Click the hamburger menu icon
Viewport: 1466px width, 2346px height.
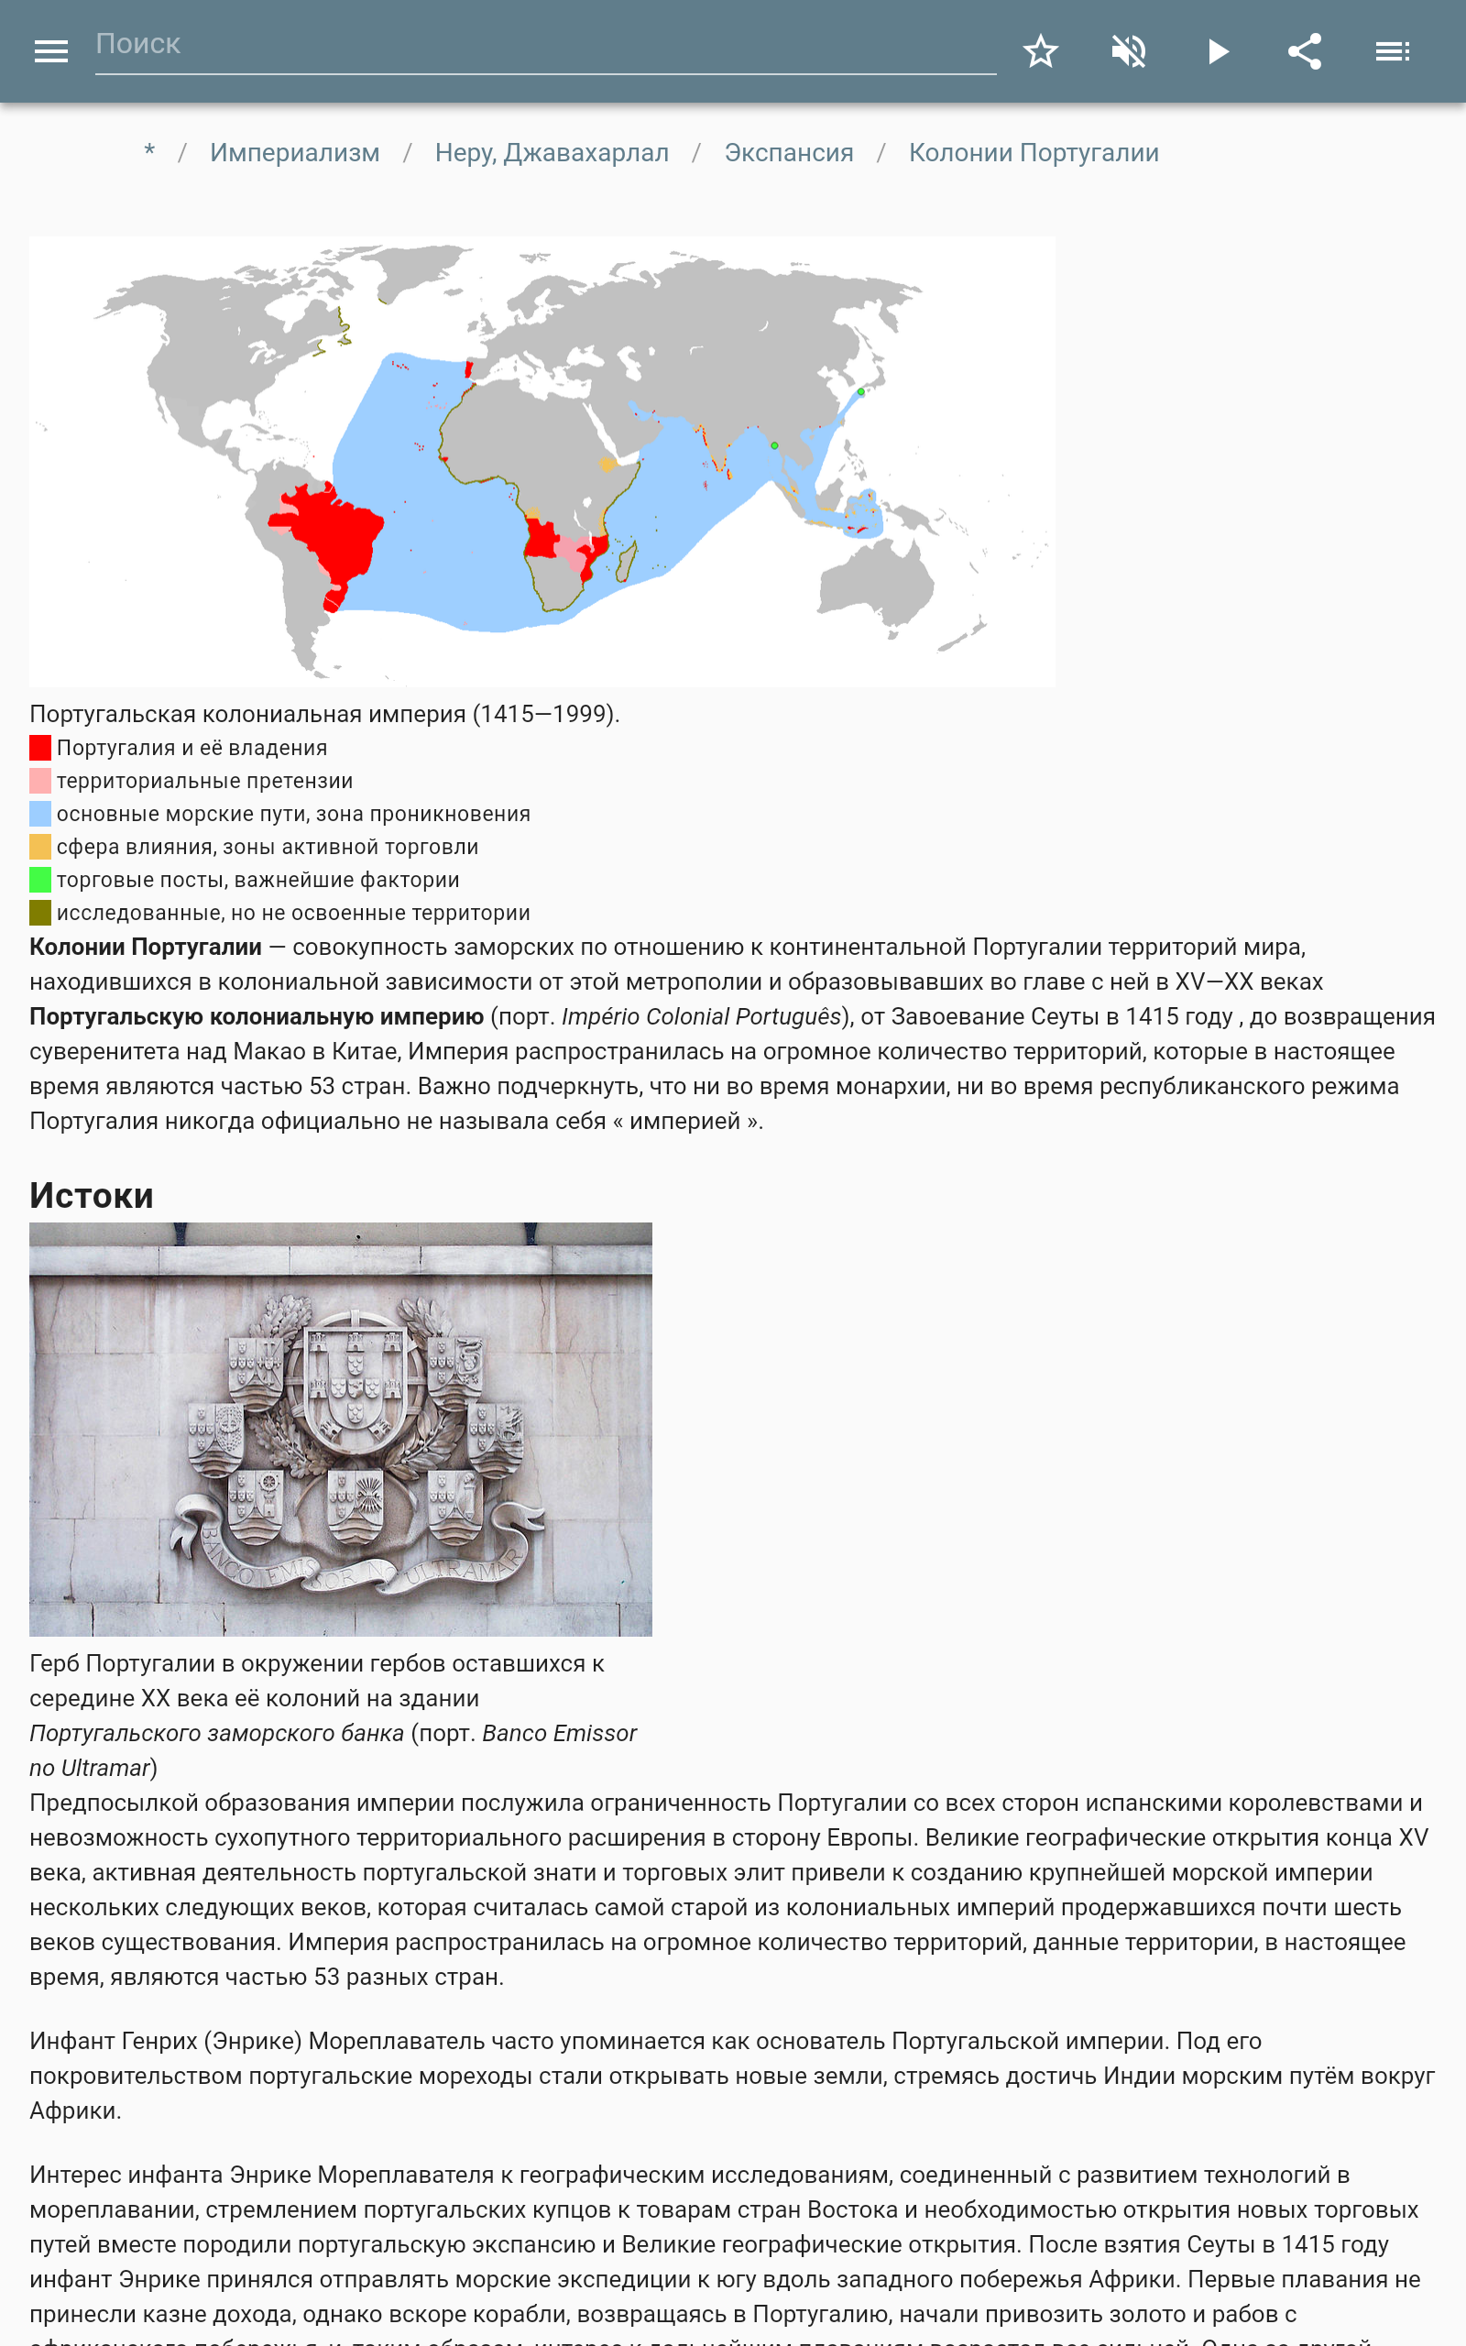(50, 51)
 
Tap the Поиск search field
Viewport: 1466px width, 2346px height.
(543, 45)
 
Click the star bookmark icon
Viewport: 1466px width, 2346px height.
(1040, 51)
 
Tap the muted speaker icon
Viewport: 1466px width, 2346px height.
(1129, 51)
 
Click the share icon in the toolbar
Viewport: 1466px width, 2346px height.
(1304, 51)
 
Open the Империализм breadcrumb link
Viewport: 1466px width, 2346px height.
(295, 153)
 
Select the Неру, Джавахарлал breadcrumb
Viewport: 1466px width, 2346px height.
(552, 153)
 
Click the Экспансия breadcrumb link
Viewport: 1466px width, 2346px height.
(788, 153)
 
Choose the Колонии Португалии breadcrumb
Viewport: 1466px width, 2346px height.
(1034, 153)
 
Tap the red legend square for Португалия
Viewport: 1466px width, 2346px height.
(39, 748)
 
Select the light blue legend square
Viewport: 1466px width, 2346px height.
(39, 814)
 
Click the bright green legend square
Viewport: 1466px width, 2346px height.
(39, 879)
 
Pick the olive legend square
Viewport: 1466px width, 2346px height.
(39, 912)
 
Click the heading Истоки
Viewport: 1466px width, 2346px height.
(91, 1195)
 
